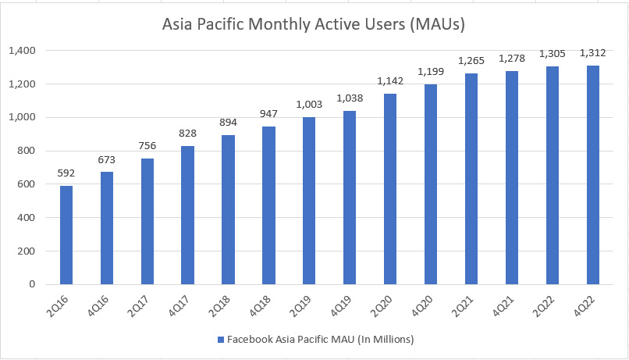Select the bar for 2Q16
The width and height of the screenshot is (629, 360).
click(x=66, y=235)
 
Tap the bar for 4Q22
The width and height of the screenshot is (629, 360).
click(x=592, y=175)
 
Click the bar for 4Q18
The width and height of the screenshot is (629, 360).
click(x=268, y=205)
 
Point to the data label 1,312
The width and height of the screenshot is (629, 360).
click(x=592, y=53)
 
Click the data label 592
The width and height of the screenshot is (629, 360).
click(x=66, y=173)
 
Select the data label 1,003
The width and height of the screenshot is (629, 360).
click(x=309, y=105)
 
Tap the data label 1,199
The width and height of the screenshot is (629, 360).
click(x=431, y=72)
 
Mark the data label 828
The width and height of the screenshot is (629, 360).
click(x=187, y=134)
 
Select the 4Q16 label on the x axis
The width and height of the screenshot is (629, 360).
click(x=101, y=307)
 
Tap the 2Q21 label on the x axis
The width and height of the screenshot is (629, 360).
click(x=466, y=307)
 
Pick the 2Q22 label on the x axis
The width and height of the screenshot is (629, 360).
click(x=547, y=307)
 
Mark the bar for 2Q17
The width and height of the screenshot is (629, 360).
click(x=147, y=222)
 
